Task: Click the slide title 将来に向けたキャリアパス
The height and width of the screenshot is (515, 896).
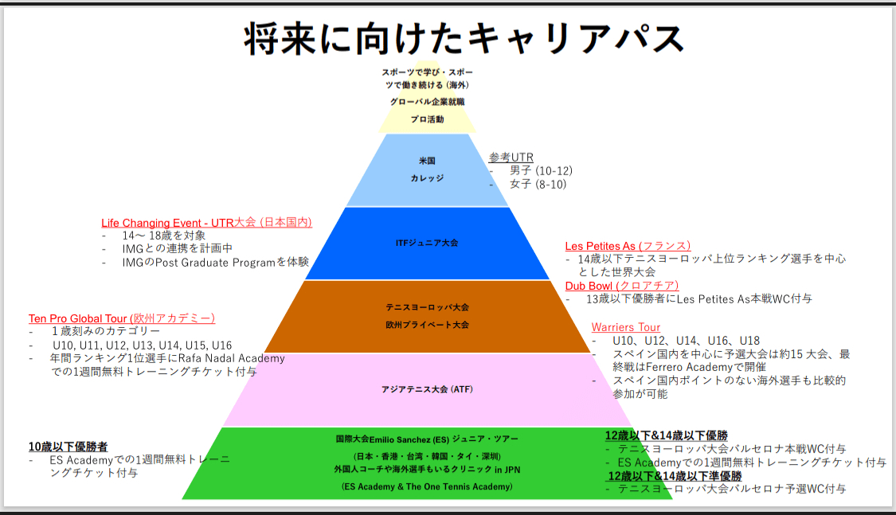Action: point(464,39)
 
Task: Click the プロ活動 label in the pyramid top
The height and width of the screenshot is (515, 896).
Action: point(428,119)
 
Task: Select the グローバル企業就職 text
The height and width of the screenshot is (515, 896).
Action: point(428,102)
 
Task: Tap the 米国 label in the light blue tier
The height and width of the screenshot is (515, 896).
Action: point(428,161)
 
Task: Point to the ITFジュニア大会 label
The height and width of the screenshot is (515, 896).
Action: point(427,243)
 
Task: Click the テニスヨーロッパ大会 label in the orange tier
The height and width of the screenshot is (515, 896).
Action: point(428,307)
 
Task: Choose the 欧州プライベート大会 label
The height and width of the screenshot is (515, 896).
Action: point(428,325)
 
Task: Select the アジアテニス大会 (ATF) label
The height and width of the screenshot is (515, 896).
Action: point(428,389)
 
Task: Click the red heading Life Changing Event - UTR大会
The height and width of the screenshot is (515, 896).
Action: point(207,223)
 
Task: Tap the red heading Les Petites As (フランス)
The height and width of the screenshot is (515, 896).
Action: point(628,246)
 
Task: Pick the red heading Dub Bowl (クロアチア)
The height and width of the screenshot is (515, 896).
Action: point(622,286)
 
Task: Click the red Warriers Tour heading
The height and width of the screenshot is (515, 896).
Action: point(626,327)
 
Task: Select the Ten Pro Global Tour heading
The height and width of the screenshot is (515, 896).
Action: point(122,318)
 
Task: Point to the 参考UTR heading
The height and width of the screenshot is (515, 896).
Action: point(511,157)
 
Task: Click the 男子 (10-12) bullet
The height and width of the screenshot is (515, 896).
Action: point(541,170)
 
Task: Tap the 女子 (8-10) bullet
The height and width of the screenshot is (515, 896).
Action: point(538,185)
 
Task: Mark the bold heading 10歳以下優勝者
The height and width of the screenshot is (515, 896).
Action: point(68,447)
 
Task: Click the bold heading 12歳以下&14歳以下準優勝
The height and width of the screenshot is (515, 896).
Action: point(675,476)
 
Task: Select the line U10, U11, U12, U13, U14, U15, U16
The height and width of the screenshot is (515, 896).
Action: point(143,345)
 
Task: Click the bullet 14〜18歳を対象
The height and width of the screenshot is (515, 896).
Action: point(164,236)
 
